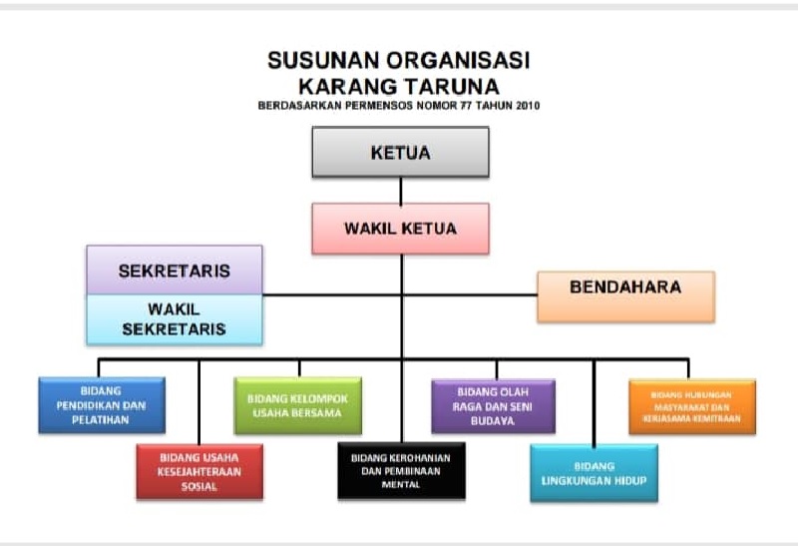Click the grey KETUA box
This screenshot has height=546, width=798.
(400, 153)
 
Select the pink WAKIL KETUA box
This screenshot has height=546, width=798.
(400, 229)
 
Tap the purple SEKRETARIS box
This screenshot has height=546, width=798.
(175, 271)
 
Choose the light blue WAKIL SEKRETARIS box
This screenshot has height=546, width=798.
(175, 319)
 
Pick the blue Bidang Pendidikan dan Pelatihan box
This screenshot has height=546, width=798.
(101, 405)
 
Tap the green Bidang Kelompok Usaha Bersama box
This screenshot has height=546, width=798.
(297, 405)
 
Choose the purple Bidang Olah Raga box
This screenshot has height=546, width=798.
(493, 405)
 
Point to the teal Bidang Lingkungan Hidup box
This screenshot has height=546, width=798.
(594, 473)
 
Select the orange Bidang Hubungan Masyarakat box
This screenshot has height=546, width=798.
(691, 405)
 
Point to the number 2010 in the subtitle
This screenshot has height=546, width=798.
(528, 105)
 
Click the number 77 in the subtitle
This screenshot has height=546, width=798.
(462, 105)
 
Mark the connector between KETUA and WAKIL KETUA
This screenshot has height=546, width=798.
(400, 191)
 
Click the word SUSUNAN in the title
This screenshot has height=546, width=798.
(311, 60)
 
